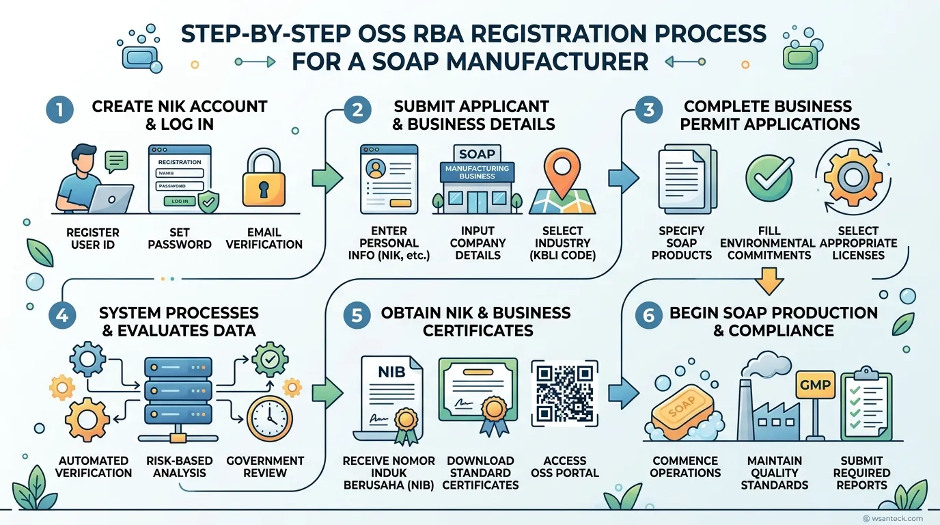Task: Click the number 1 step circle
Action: tap(60, 110)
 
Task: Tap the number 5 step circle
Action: tap(357, 315)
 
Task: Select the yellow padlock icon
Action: tap(264, 178)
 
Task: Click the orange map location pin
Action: tap(562, 173)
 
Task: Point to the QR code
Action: tap(564, 394)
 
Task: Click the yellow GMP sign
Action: tap(815, 385)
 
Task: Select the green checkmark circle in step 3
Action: tap(769, 178)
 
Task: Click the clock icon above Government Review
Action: tap(269, 418)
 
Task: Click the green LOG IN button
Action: tap(180, 201)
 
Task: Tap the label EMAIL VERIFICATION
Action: tap(264, 238)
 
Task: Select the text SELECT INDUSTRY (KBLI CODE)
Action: tap(562, 243)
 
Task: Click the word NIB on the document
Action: tap(391, 372)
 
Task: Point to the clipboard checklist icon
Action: tap(866, 403)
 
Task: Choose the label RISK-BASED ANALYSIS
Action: tap(180, 467)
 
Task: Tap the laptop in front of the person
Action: tap(111, 199)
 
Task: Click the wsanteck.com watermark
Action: tap(893, 519)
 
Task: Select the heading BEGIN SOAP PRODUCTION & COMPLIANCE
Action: tap(773, 322)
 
